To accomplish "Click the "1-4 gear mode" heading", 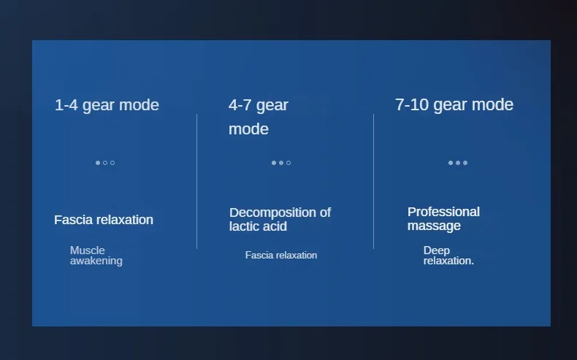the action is pyautogui.click(x=107, y=105).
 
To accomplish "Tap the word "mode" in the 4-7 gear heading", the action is pyautogui.click(x=249, y=129).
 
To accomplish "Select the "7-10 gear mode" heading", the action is pyautogui.click(x=454, y=105).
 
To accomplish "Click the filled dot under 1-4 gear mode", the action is pyautogui.click(x=98, y=163).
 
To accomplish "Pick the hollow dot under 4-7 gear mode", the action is pyautogui.click(x=288, y=163).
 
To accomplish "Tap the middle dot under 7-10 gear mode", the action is pyautogui.click(x=458, y=163).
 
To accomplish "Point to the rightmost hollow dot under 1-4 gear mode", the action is pyautogui.click(x=112, y=163).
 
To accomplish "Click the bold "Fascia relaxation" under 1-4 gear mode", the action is pyautogui.click(x=104, y=220).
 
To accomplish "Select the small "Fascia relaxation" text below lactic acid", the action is pyautogui.click(x=281, y=255).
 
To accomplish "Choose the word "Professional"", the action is pyautogui.click(x=443, y=212).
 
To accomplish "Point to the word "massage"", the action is pyautogui.click(x=434, y=226).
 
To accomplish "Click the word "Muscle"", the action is pyautogui.click(x=88, y=250).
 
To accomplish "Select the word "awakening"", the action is pyautogui.click(x=96, y=261).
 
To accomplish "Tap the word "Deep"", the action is pyautogui.click(x=437, y=250).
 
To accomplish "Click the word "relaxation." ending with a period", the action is pyautogui.click(x=448, y=261).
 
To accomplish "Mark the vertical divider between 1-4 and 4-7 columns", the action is pyautogui.click(x=197, y=181).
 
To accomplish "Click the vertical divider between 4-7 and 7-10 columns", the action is pyautogui.click(x=373, y=181).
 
